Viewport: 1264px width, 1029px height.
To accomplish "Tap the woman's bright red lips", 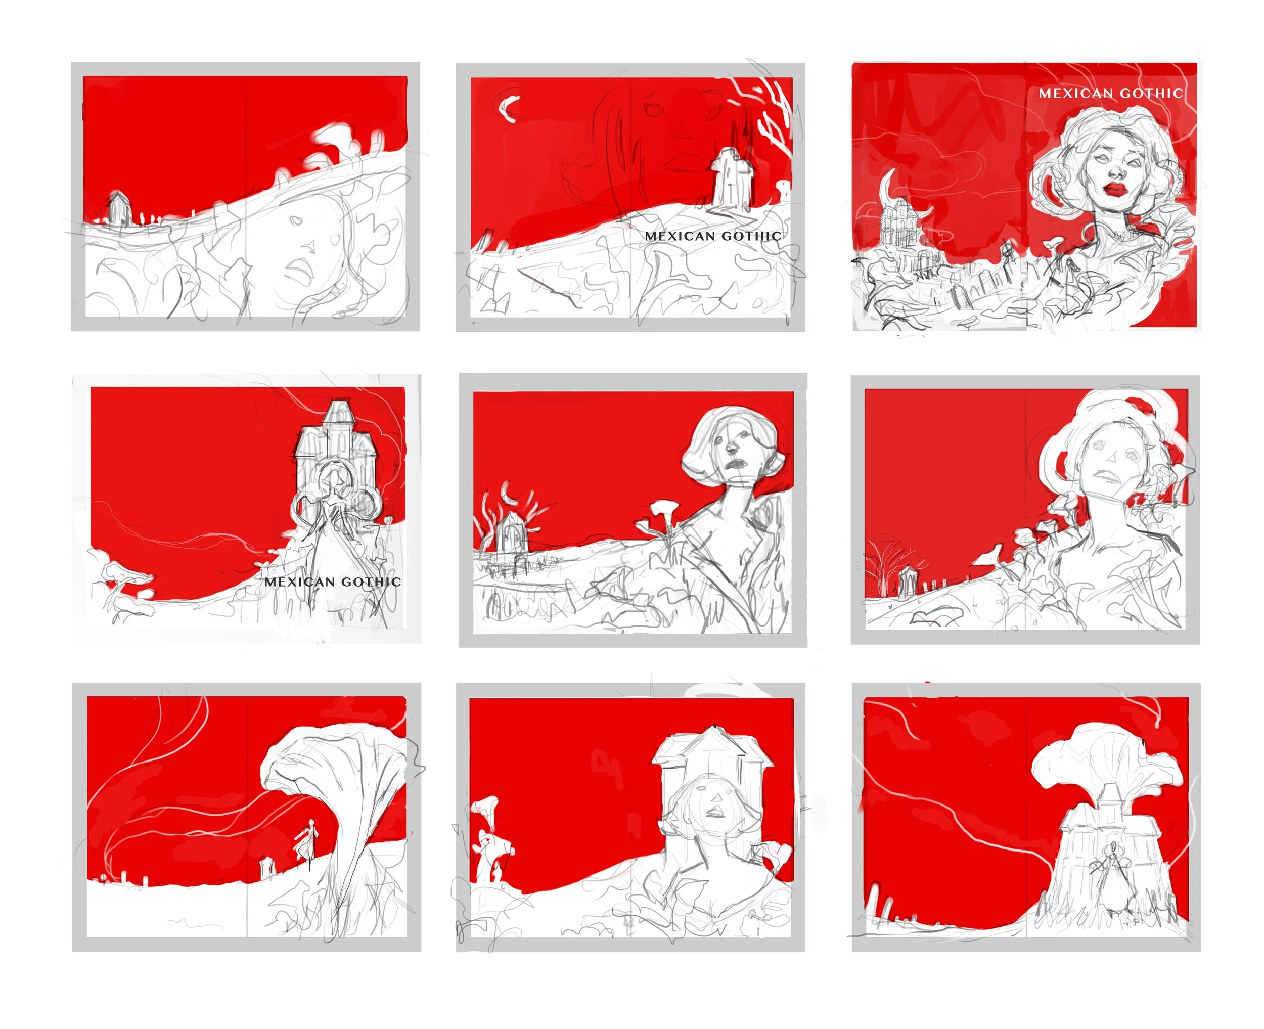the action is (1116, 190).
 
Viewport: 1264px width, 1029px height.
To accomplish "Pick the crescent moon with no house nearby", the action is (507, 108).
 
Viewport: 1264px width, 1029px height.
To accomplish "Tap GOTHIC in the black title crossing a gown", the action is (371, 581).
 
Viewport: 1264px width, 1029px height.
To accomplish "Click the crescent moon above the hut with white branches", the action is (507, 491).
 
